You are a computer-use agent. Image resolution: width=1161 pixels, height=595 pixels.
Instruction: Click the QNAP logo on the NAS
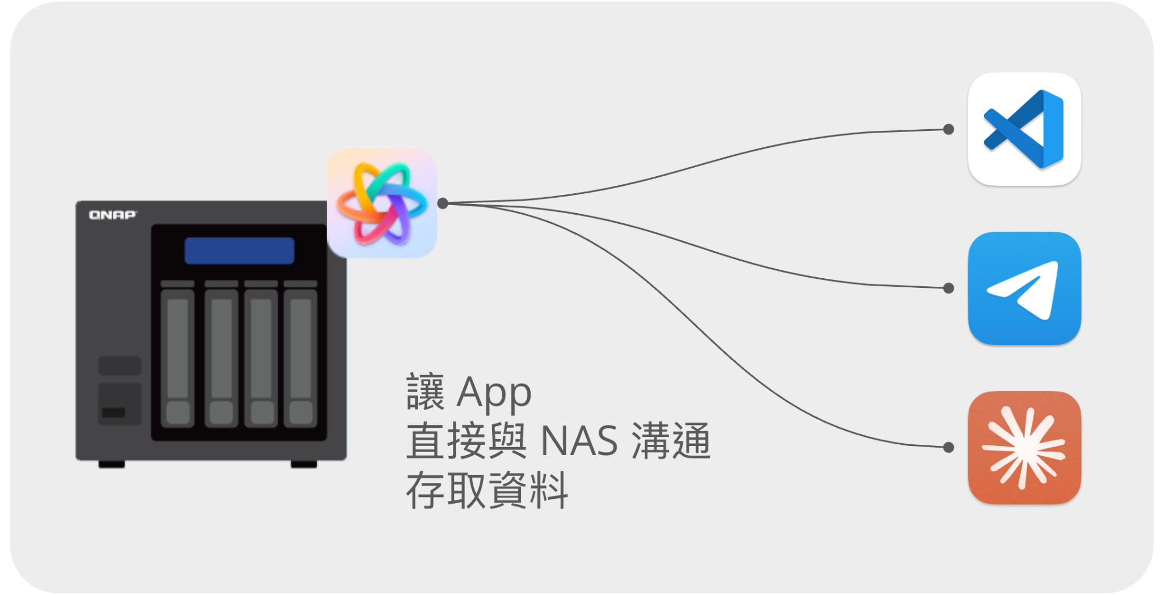click(113, 215)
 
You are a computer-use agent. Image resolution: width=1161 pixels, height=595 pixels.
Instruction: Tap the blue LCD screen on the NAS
click(239, 250)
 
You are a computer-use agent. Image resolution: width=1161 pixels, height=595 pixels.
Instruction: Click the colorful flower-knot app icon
click(382, 203)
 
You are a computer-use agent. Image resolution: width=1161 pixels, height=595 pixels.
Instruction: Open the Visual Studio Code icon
click(1024, 129)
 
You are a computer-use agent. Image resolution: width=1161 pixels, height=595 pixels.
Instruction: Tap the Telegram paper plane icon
click(1024, 288)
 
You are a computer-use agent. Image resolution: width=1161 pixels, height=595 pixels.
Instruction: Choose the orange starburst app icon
click(1024, 448)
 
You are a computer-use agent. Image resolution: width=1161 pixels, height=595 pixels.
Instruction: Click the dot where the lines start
click(443, 203)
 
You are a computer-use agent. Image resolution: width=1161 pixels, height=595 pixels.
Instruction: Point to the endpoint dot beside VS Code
click(948, 129)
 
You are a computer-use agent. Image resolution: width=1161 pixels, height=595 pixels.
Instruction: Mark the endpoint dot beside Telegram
click(948, 288)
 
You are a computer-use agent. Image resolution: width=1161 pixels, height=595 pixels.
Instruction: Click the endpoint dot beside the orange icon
click(948, 448)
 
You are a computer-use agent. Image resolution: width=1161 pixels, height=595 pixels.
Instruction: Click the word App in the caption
click(494, 393)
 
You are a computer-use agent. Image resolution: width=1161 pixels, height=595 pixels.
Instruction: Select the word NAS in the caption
click(579, 441)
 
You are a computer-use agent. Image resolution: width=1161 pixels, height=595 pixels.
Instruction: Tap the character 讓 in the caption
click(425, 392)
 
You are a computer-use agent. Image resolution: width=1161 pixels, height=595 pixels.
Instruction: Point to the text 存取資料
click(487, 490)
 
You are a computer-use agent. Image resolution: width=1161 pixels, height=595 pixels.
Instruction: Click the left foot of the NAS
click(112, 464)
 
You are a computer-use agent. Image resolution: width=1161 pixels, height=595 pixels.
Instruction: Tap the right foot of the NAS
click(304, 464)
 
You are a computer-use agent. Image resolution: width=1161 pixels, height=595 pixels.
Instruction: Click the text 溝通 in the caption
click(671, 441)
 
